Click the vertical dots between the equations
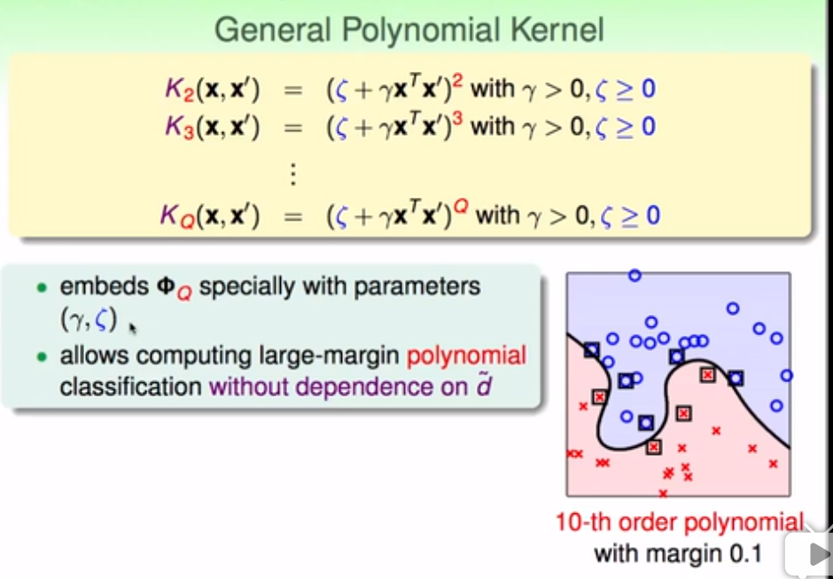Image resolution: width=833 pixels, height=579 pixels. [292, 173]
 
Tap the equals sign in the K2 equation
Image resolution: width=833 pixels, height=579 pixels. [293, 90]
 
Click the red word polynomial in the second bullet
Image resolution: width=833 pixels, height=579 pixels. [467, 356]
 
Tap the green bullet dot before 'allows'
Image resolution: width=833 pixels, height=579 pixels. [42, 357]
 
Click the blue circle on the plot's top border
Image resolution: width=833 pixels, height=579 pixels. [634, 275]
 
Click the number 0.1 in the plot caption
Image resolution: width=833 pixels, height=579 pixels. [744, 555]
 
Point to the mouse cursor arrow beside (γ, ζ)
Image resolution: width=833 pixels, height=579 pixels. [133, 328]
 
